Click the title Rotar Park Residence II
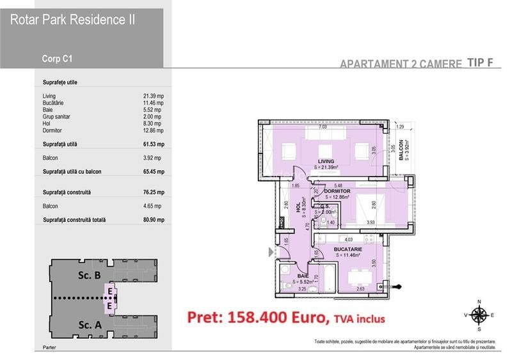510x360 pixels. click(x=72, y=20)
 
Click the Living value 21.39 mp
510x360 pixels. click(x=154, y=96)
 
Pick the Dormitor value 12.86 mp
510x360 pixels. click(x=154, y=130)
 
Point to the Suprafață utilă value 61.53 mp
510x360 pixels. click(x=154, y=145)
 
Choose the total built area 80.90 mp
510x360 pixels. click(x=154, y=220)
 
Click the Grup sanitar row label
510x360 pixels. click(x=56, y=117)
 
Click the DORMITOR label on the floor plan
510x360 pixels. click(x=336, y=191)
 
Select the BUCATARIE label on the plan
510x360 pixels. click(x=347, y=249)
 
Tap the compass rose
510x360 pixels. click(x=478, y=315)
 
